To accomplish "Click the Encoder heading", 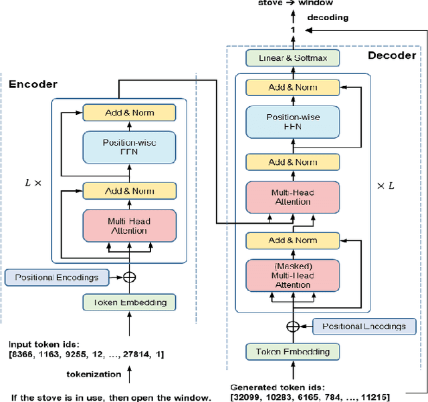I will click(33, 84).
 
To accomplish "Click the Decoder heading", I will click(391, 55).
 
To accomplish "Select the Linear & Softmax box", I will click(292, 58).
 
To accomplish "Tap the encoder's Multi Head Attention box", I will click(128, 226).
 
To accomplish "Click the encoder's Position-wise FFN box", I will click(128, 147).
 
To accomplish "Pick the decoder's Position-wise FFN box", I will click(292, 122).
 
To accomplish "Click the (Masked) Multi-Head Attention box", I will click(292, 274).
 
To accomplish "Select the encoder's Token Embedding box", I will click(128, 303).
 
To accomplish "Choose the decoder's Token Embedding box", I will click(292, 351).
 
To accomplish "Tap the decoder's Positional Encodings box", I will click(364, 327).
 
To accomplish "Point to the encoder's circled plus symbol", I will click(128, 276).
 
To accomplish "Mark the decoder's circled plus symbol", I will click(292, 327).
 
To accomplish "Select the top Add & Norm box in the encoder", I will click(128, 112).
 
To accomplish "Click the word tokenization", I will click(93, 374).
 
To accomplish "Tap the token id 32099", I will click(248, 397).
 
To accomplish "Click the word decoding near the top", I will click(327, 17).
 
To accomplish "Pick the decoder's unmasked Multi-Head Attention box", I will click(292, 197).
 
